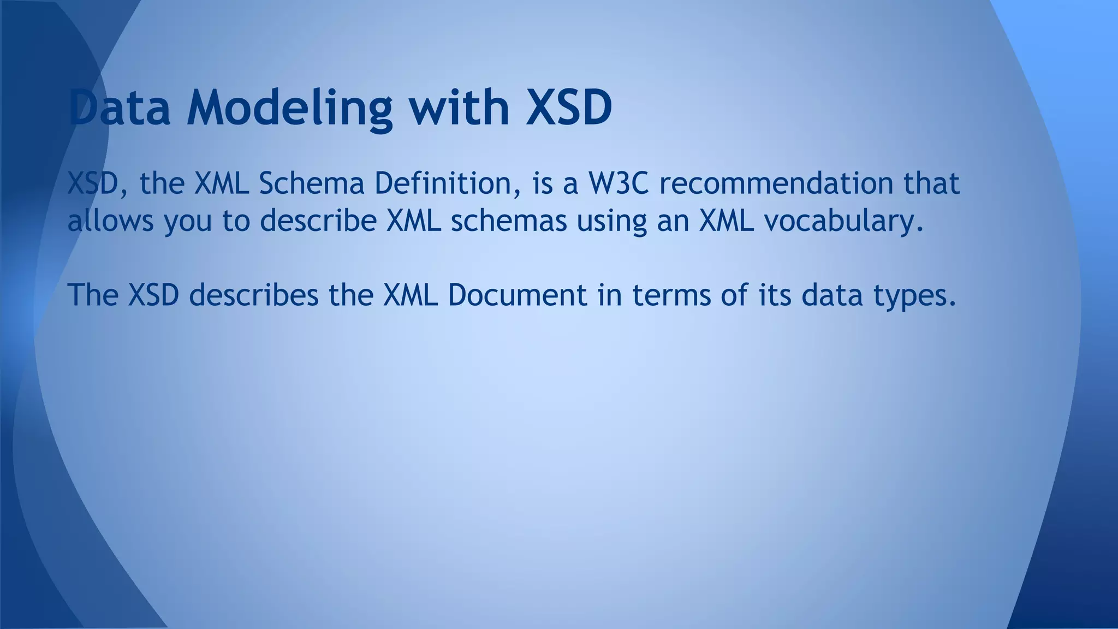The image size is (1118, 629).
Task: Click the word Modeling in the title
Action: pyautogui.click(x=289, y=108)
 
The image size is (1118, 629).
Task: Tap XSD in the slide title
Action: pyautogui.click(x=568, y=108)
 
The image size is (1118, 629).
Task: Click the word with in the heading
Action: pyautogui.click(x=460, y=108)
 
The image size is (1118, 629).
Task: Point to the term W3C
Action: pyautogui.click(x=618, y=183)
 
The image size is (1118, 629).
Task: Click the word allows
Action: pyautogui.click(x=110, y=221)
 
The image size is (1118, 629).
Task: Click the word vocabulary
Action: pyautogui.click(x=843, y=221)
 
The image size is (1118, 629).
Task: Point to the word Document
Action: pyautogui.click(x=518, y=295)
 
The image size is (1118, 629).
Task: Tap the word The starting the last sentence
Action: pyautogui.click(x=93, y=295)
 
